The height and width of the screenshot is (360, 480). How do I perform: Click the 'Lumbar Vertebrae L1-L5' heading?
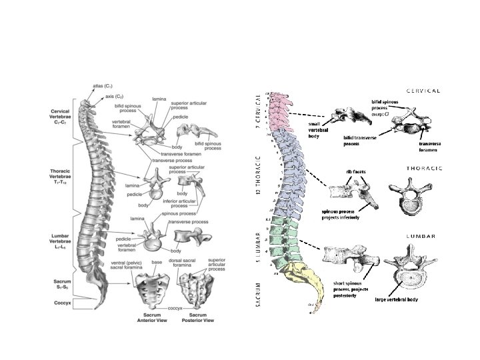pos(65,242)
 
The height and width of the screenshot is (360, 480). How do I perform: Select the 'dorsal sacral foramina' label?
pos(187,261)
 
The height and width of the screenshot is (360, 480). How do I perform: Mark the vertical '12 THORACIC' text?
pos(258,175)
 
